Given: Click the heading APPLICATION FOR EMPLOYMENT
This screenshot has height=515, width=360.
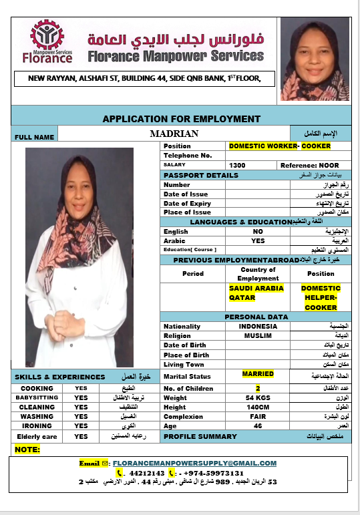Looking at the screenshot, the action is coord(181,119).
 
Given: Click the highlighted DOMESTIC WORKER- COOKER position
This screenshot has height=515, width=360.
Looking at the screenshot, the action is coord(279,146).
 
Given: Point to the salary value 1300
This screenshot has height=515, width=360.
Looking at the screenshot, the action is coord(238,165).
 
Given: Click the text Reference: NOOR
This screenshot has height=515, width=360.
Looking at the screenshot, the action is coord(309,165).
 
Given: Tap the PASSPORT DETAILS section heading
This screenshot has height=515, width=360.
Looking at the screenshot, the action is coord(200,175).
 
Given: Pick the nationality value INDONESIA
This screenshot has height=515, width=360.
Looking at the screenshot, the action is coord(258,326).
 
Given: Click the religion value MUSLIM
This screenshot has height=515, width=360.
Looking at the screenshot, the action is coord(258,335).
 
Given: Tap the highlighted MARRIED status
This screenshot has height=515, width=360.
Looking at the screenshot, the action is coord(258,374).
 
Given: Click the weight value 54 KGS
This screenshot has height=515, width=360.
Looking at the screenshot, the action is coord(258,397).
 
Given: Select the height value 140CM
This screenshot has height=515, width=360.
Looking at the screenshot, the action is coord(258,407).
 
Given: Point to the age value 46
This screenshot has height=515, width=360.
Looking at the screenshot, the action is coord(258,425).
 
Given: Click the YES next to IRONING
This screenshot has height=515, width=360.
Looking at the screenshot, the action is coord(81,425).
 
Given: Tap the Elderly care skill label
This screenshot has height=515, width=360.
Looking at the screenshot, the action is coord(37,436).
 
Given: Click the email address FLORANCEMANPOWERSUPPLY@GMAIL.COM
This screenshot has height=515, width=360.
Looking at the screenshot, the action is coord(194,463).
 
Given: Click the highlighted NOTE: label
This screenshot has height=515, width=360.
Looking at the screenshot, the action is coord(27,450).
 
